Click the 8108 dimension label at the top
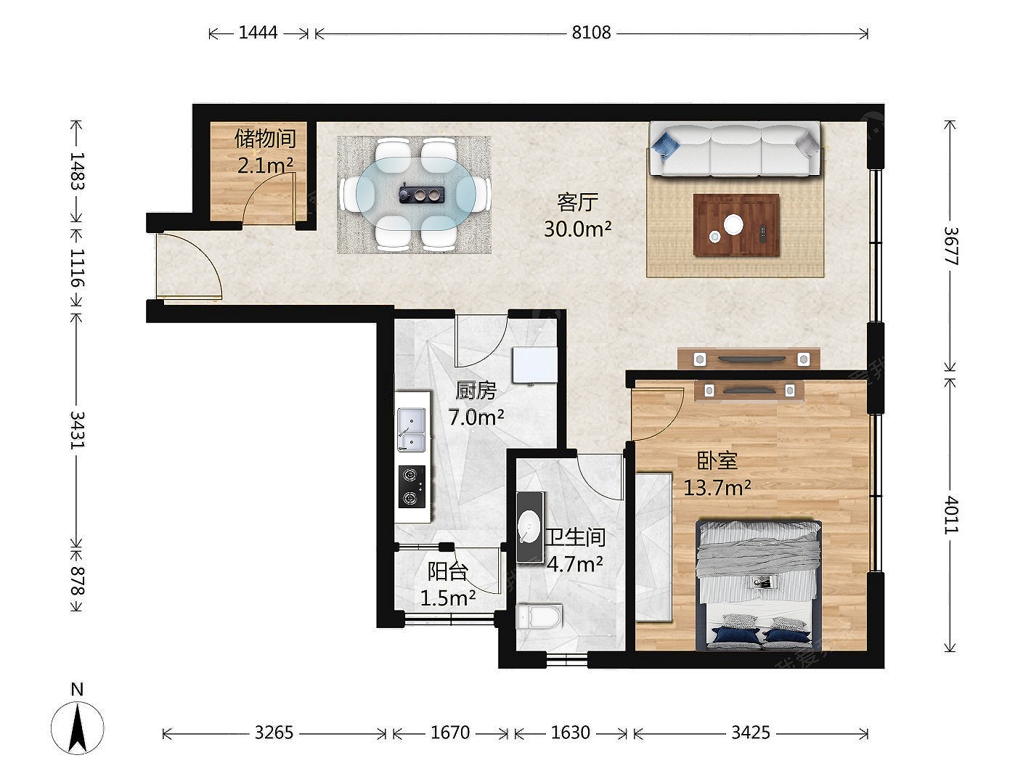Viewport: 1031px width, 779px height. (591, 33)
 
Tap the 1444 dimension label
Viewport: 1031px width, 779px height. (258, 33)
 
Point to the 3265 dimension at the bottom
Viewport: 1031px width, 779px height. (274, 733)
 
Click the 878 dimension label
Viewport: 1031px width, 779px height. (77, 581)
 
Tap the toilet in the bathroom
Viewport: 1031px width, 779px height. (539, 616)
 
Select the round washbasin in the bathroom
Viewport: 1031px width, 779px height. (529, 527)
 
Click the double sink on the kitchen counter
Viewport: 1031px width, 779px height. (412, 429)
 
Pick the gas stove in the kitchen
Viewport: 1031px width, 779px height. (412, 486)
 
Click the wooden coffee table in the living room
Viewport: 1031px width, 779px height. (736, 225)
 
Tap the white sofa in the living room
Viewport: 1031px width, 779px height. (735, 149)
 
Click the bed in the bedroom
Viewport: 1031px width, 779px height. (759, 585)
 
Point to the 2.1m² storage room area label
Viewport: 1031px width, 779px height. (265, 165)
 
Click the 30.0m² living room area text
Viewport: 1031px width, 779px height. (577, 229)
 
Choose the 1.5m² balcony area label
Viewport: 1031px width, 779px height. (448, 598)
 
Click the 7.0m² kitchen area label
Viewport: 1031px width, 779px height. (476, 417)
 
